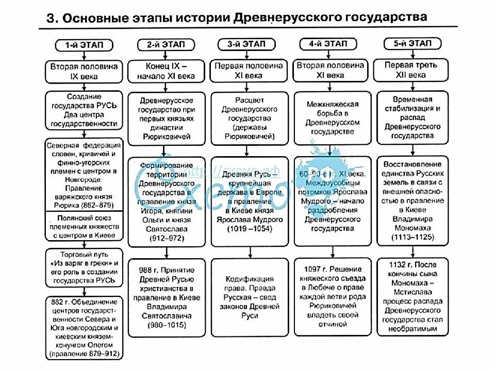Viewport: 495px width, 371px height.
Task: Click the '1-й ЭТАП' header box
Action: (x=84, y=45)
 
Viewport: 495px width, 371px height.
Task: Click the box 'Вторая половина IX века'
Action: (x=84, y=71)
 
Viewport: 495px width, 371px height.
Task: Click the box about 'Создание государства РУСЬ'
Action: (x=84, y=110)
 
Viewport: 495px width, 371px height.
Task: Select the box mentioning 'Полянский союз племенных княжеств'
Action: (x=84, y=227)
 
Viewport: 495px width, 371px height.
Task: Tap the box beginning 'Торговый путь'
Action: (x=84, y=267)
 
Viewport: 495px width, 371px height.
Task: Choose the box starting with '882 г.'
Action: (x=84, y=328)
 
